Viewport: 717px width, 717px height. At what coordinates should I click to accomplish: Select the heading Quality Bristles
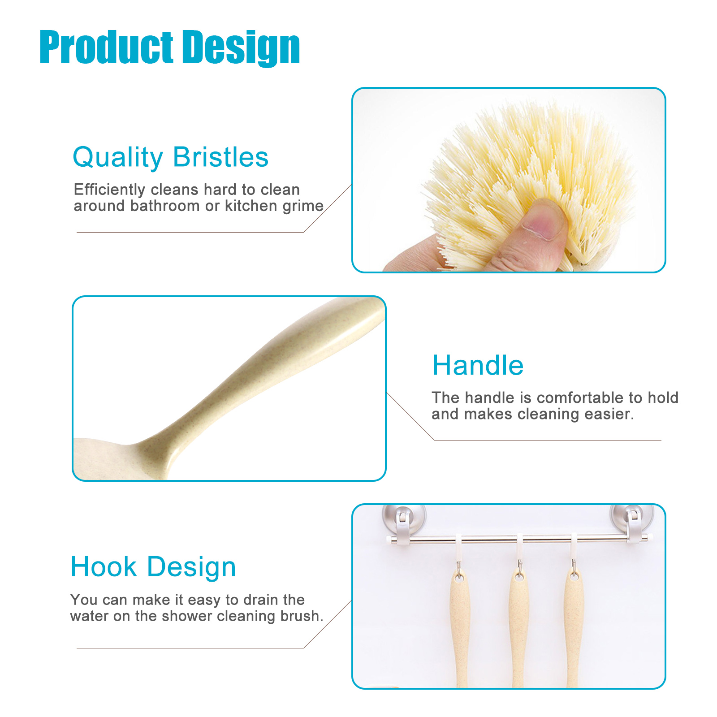[x=171, y=158]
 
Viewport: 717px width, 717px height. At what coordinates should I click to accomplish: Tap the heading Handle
[x=478, y=365]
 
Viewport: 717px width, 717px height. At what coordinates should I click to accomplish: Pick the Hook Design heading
[x=153, y=567]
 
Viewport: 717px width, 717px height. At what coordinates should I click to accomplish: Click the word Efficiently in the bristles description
[x=110, y=190]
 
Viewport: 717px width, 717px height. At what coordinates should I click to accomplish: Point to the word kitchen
[x=251, y=206]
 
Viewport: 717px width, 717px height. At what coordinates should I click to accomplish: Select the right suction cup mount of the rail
[x=632, y=521]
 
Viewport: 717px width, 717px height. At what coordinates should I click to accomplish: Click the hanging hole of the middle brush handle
[x=519, y=577]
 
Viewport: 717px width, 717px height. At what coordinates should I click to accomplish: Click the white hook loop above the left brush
[x=459, y=549]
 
